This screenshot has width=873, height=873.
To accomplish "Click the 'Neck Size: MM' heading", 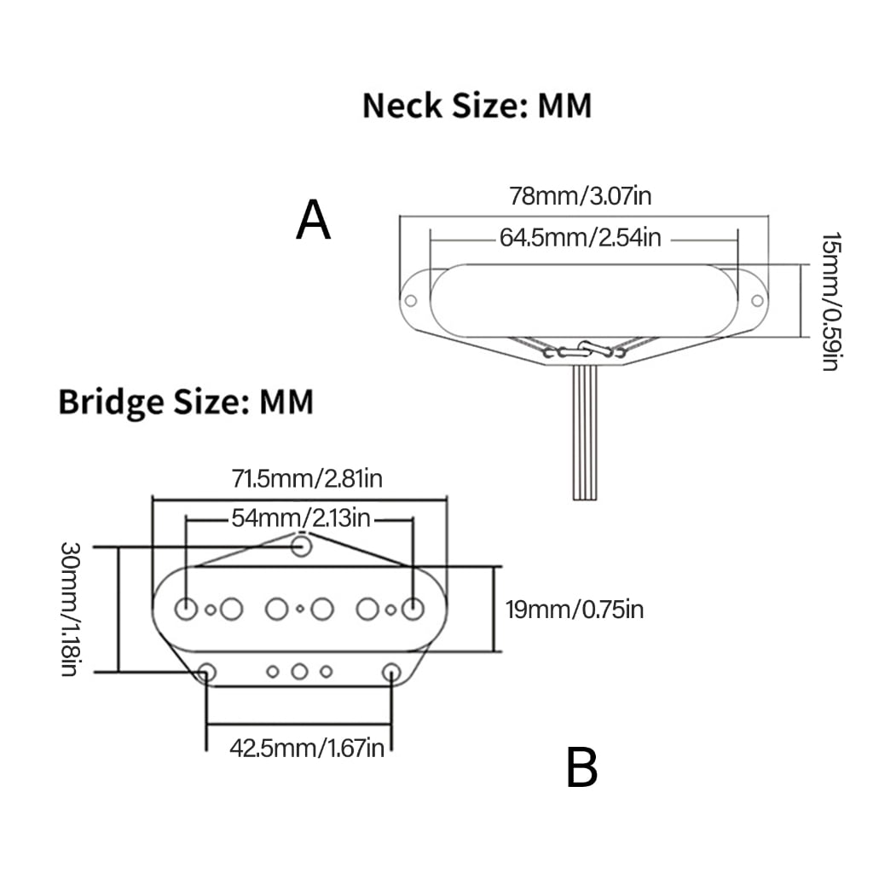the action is coord(477,105).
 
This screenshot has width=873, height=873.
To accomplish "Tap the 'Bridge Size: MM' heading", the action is coord(186,402).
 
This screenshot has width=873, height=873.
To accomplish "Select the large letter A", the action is coord(314,220).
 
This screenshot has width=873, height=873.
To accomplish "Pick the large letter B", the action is coord(581,767).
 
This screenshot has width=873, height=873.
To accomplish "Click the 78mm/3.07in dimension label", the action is coord(580,196).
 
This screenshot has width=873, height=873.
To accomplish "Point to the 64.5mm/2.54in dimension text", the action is coord(580,238).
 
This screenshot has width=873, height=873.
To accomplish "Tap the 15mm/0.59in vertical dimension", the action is coord(830,302).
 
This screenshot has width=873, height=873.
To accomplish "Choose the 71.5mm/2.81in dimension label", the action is coord(307,479).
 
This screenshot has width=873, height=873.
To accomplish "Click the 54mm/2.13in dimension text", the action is coord(301,518).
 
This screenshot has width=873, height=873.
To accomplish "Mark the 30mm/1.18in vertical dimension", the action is coord(71,609).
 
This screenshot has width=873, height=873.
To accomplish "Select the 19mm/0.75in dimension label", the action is coord(575,610).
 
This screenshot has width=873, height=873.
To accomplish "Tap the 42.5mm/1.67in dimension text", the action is coord(307,748).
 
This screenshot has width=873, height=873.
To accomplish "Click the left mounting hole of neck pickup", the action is coord(410,301).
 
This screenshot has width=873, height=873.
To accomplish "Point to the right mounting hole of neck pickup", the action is coord(757,301).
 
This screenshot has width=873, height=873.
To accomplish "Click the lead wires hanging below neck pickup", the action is coord(585,432).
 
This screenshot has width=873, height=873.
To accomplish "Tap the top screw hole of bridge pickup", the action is coord(301,546).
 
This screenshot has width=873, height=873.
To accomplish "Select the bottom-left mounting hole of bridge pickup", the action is coord(208,672).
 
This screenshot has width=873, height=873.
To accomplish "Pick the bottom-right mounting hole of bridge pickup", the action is coord(391,672).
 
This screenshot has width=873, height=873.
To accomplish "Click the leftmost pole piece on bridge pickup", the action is coord(186,609).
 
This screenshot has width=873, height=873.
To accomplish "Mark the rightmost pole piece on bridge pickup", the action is coord(413,609).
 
